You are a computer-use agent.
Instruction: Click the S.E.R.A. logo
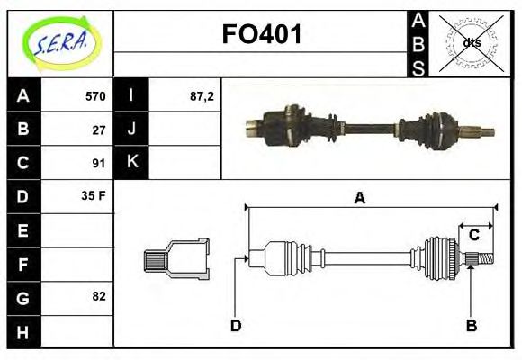point(59,42)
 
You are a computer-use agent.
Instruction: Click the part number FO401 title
point(261,35)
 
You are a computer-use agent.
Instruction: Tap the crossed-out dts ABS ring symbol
point(472,42)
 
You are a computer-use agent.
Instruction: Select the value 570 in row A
point(94,95)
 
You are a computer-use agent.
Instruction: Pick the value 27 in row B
point(99,129)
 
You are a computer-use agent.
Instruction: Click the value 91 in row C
point(99,163)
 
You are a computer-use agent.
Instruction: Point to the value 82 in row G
point(99,296)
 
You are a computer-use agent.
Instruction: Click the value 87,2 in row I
point(202,95)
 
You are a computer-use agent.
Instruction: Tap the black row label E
point(22,230)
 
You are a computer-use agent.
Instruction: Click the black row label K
point(131,163)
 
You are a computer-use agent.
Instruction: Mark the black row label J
point(131,129)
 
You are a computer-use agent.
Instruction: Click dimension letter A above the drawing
point(359,199)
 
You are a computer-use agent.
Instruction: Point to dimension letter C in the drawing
point(473,236)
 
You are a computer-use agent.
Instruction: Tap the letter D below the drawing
point(236,325)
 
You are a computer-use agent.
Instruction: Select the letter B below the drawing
point(471,325)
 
